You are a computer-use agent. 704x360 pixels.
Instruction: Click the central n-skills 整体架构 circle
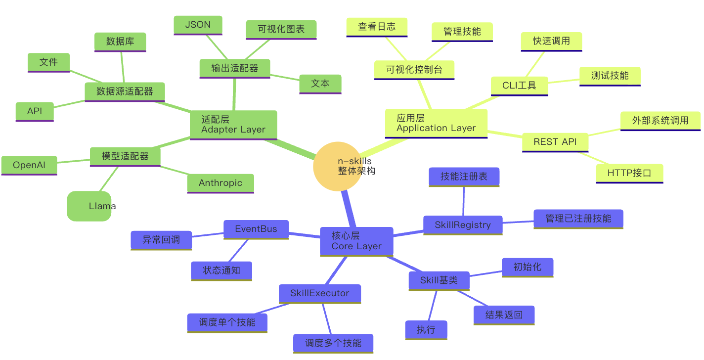pos(338,166)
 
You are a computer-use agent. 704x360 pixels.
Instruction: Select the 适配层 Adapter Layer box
pos(233,124)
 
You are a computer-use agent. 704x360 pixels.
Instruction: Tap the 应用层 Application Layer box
pos(436,123)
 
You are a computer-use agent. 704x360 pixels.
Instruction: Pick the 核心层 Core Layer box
pos(356,241)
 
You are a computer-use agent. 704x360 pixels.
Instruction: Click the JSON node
pos(198,25)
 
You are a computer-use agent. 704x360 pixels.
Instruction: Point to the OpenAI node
pos(29,165)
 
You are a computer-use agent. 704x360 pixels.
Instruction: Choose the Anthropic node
pos(220,183)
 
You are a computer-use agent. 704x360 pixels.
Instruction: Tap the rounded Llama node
pos(89,206)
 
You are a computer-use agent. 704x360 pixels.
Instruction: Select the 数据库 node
pos(120,42)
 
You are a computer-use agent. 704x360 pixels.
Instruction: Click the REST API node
pos(555,142)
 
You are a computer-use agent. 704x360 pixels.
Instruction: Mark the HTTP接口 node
pos(629,173)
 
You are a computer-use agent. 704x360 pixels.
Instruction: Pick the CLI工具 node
pos(519,86)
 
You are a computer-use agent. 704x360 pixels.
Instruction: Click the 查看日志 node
pos(377,27)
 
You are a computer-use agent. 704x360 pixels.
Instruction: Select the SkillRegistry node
pos(463,225)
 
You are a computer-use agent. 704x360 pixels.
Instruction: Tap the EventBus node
pos(256,229)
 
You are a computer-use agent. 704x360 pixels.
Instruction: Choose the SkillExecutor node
pos(319,293)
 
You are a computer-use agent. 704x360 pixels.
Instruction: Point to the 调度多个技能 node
pos(333,343)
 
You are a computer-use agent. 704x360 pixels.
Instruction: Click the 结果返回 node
pos(504,315)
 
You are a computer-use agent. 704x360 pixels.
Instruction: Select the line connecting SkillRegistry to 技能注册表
pos(464,201)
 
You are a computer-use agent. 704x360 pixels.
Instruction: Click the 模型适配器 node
pos(125,156)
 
